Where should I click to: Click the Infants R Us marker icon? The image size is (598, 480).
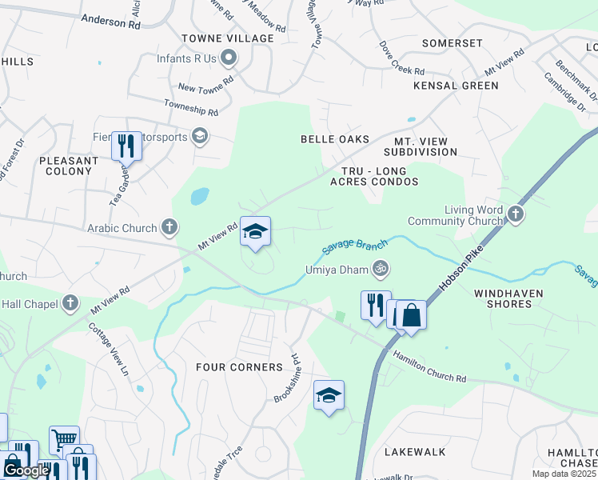tap(229, 58)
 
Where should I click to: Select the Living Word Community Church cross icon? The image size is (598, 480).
tap(516, 214)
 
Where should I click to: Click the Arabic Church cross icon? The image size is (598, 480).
tap(169, 228)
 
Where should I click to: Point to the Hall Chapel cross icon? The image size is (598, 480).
tap(71, 302)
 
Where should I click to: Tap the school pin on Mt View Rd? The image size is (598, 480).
tap(256, 232)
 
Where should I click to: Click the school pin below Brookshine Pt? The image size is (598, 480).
tap(329, 395)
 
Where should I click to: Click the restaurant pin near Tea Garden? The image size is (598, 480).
tap(126, 146)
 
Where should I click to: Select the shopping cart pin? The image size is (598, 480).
tap(64, 440)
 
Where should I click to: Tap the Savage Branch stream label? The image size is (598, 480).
tap(355, 249)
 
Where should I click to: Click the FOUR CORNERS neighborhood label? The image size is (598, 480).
tap(240, 367)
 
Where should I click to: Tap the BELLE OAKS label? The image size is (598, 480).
tap(335, 139)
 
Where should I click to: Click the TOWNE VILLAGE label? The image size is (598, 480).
tap(217, 38)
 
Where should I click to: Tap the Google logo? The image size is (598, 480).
tap(26, 470)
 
